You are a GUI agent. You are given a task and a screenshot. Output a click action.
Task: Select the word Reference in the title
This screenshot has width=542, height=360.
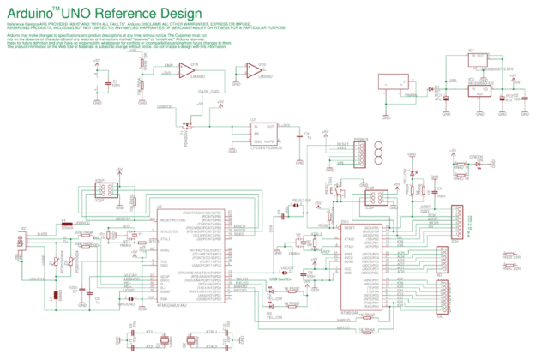click(x=137, y=14)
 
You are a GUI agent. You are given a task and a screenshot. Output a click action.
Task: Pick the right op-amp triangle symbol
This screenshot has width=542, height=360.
click(x=253, y=69)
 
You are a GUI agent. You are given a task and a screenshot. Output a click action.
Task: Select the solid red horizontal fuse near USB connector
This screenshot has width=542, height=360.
click(x=66, y=226)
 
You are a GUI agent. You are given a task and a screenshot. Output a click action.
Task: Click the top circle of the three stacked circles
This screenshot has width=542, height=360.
click(x=378, y=145)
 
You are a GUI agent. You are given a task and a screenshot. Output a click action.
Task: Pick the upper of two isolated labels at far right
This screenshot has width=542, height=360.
click(x=512, y=255)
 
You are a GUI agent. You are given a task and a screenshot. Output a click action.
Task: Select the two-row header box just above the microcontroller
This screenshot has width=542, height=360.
click(x=375, y=197)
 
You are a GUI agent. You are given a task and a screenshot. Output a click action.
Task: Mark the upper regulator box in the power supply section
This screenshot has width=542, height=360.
click(x=476, y=60)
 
